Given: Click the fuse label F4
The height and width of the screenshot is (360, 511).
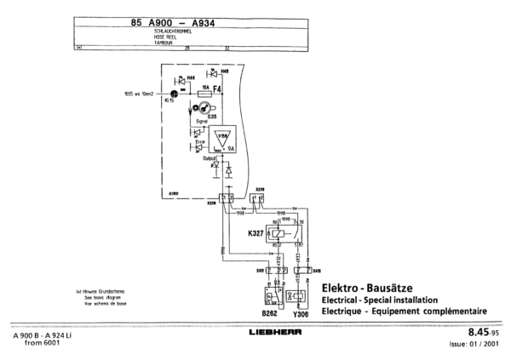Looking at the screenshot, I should point(217,88).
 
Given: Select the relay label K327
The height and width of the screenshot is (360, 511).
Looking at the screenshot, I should point(253,231).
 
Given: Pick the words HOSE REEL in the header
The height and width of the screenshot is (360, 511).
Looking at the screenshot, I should point(165,36).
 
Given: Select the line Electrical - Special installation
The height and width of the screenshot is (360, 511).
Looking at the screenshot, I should point(378,300).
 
